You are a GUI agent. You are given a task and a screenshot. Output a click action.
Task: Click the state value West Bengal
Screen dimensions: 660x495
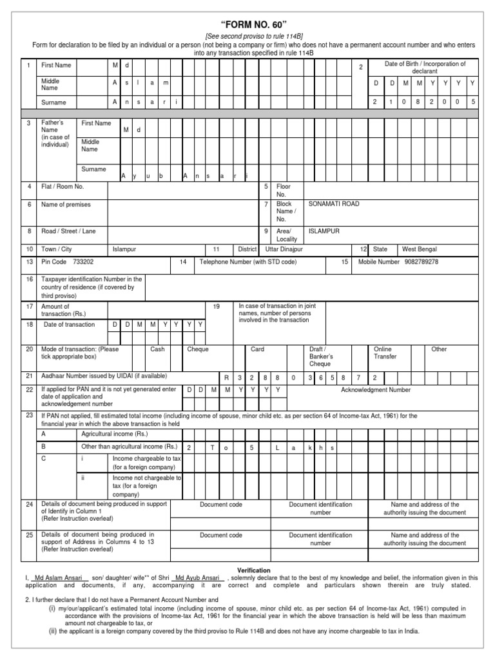tap(419, 249)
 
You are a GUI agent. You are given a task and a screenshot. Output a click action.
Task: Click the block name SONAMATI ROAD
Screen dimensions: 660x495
tap(334, 204)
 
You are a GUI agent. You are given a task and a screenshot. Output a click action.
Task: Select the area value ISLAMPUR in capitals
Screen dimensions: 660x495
tap(324, 231)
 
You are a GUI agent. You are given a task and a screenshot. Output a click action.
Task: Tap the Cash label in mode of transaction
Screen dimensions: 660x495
tap(157, 349)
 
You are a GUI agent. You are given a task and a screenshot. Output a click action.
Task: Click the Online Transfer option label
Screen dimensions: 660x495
tap(385, 353)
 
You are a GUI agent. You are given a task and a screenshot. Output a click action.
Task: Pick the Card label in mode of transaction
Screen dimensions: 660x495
tap(257, 349)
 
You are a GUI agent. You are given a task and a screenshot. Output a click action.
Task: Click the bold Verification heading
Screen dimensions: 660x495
tap(253, 570)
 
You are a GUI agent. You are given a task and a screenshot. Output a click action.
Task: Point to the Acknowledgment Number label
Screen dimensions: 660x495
tap(375, 390)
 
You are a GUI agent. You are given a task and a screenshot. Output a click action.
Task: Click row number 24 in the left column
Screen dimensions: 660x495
tap(29, 505)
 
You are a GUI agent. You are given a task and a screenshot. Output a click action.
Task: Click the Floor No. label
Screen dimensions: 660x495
tap(282, 190)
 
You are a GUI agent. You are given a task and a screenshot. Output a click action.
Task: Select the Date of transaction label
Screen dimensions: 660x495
tap(69, 324)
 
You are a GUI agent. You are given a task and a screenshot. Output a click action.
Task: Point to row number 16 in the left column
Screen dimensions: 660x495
tap(29, 280)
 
